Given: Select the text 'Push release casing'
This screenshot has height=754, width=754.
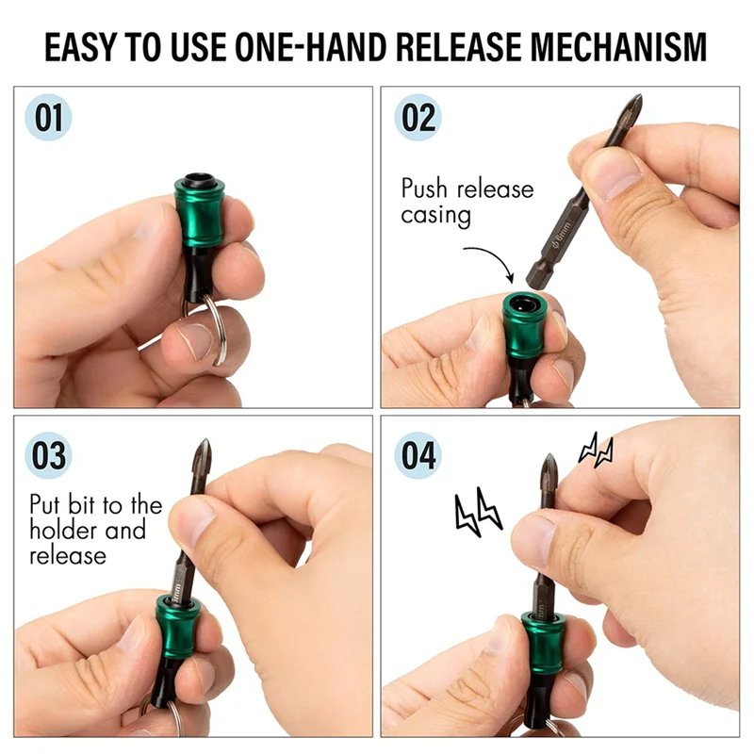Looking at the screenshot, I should coord(467,201).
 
